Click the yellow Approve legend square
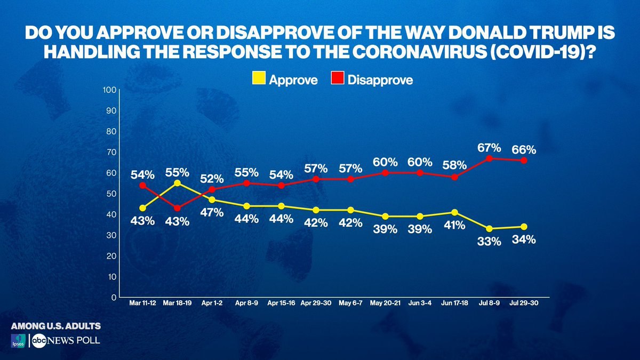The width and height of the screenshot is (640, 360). (259, 78)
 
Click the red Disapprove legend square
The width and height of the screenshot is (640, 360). (338, 78)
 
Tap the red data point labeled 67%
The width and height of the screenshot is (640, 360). (489, 158)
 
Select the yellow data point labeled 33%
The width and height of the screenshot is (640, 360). (489, 229)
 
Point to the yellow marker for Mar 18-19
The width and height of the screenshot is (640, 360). (177, 183)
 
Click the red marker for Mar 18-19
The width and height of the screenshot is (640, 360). (177, 209)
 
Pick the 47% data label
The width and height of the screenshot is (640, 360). (212, 213)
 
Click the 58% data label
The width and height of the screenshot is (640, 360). (454, 165)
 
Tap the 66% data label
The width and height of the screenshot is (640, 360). (524, 150)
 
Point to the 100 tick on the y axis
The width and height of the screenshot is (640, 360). (109, 90)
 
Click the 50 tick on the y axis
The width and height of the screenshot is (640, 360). (111, 194)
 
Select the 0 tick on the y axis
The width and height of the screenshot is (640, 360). (114, 298)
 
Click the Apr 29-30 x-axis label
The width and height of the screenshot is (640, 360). (316, 303)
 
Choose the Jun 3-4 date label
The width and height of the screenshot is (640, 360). (420, 303)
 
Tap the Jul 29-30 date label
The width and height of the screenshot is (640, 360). (524, 303)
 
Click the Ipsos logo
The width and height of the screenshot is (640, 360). (18, 341)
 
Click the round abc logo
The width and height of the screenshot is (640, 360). (39, 341)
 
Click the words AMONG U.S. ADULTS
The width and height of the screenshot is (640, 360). (56, 326)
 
